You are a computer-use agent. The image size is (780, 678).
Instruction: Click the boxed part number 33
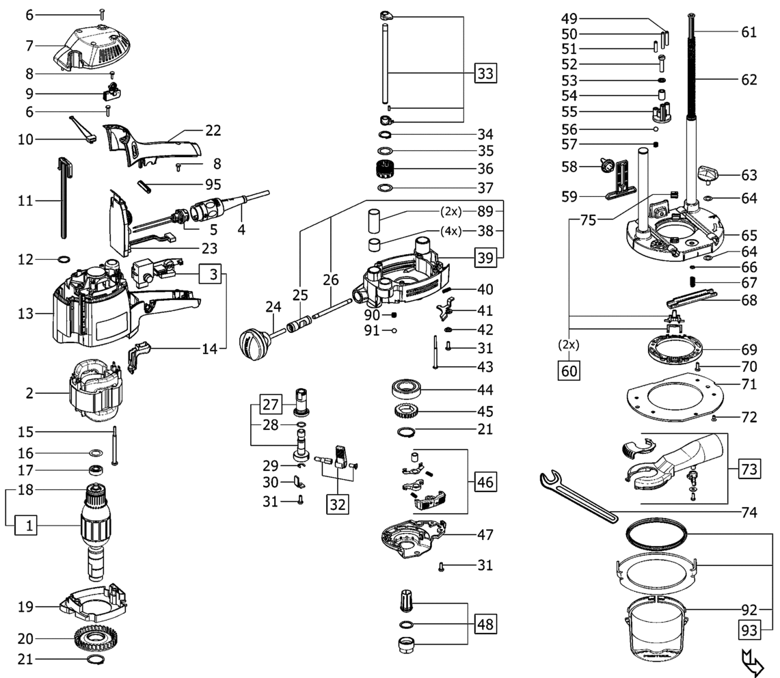point(485,73)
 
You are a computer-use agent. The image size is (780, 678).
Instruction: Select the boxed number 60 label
point(569,370)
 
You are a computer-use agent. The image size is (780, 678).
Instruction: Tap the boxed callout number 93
point(749,630)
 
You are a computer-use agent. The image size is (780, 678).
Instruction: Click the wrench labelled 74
point(578,497)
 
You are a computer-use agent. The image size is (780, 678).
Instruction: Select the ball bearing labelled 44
point(406,388)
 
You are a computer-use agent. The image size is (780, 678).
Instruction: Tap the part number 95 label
point(213,185)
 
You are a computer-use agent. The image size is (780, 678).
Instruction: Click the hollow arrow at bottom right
point(752,662)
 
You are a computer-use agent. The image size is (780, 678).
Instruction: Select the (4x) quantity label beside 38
point(450,231)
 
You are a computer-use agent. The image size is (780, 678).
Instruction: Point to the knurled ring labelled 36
point(384,169)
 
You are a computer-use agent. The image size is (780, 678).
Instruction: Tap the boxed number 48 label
point(485,623)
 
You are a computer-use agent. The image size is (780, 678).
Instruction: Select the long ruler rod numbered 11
point(65,198)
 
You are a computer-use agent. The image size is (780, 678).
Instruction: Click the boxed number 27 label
point(270,404)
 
